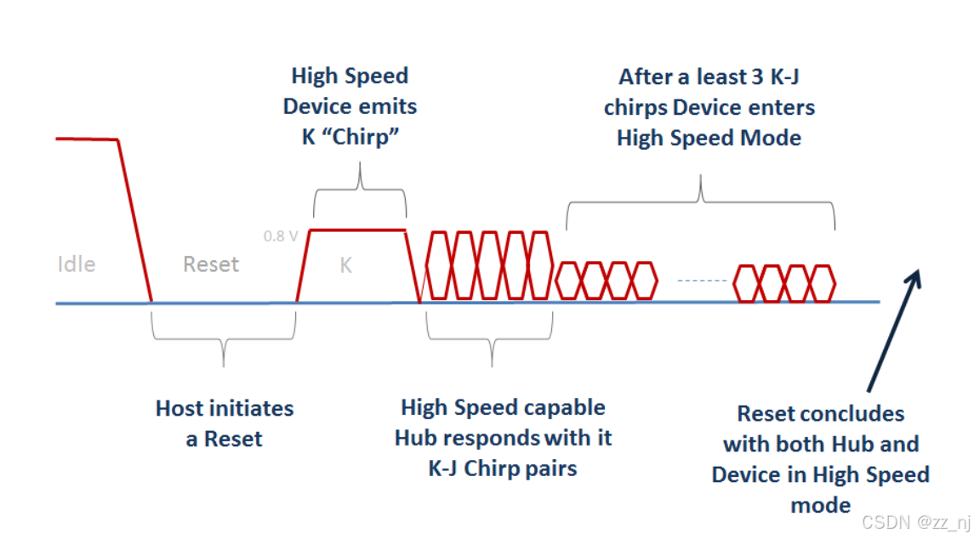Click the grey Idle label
click(77, 264)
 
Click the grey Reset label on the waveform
click(211, 264)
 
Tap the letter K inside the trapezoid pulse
click(345, 266)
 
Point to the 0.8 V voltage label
click(281, 236)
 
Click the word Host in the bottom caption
click(180, 408)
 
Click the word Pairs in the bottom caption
click(550, 468)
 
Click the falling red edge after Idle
click(134, 221)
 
